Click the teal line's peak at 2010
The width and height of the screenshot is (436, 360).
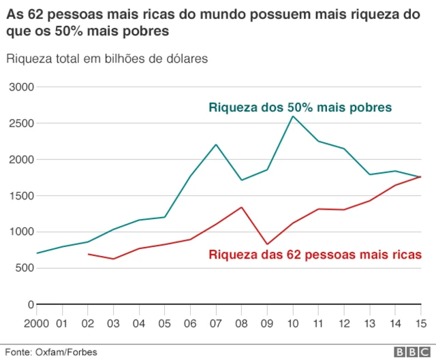coord(293,116)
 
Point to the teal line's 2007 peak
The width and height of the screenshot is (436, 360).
coord(216,144)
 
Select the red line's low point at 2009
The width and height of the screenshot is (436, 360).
coord(268,244)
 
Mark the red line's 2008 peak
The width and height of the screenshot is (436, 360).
coord(242,207)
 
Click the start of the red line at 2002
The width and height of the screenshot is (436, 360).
coord(89,254)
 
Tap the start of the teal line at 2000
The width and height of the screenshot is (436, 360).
coord(37,253)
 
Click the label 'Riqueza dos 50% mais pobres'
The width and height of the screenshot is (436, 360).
coord(300,108)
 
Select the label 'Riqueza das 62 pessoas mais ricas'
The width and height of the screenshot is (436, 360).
coord(315,255)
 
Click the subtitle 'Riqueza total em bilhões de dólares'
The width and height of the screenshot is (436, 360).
coord(107,59)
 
